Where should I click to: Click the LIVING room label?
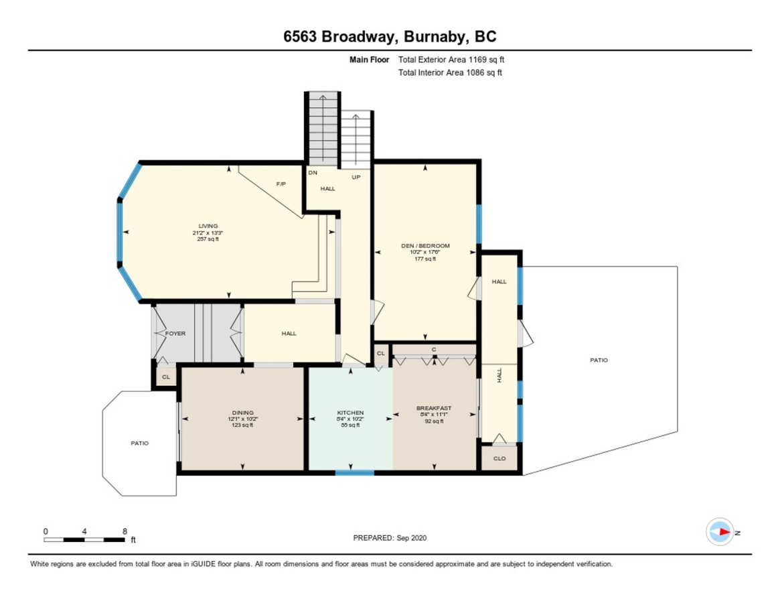pyautogui.click(x=208, y=226)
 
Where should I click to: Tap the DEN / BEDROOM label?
pyautogui.click(x=425, y=245)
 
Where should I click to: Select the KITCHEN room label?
pyautogui.click(x=351, y=413)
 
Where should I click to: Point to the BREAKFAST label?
pyautogui.click(x=434, y=408)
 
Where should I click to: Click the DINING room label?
pyautogui.click(x=243, y=413)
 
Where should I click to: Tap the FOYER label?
pyautogui.click(x=175, y=334)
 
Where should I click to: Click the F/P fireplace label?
pyautogui.click(x=281, y=184)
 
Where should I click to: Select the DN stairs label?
pyautogui.click(x=313, y=173)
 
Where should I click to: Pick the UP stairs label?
pyautogui.click(x=356, y=178)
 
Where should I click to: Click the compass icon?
pyautogui.click(x=720, y=532)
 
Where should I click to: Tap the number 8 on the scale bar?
pyautogui.click(x=125, y=531)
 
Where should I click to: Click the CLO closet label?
pyautogui.click(x=499, y=458)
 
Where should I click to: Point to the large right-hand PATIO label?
pyautogui.click(x=599, y=360)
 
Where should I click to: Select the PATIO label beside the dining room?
pyautogui.click(x=140, y=443)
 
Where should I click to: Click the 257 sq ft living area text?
pyautogui.click(x=208, y=239)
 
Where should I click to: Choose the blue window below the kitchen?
pyautogui.click(x=354, y=472)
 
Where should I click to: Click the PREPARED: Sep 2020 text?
pyautogui.click(x=390, y=538)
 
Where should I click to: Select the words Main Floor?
pyautogui.click(x=369, y=60)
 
